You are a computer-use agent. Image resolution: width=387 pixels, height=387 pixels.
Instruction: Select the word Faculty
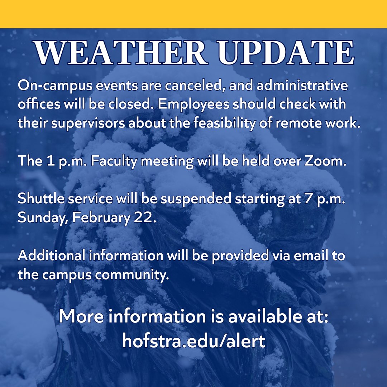pyautogui.click(x=115, y=162)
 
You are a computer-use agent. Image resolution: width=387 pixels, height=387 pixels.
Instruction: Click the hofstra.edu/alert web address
pyautogui.click(x=193, y=341)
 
